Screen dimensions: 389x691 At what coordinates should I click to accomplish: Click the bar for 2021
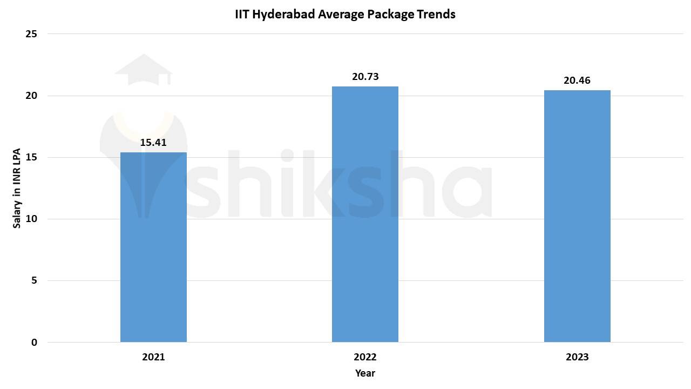tap(153, 247)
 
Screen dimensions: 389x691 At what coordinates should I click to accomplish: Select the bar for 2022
tap(365, 214)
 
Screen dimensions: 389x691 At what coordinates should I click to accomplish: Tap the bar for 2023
tap(577, 216)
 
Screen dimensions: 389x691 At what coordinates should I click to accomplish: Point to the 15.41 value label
tap(153, 143)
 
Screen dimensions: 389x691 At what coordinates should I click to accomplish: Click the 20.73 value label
tap(365, 77)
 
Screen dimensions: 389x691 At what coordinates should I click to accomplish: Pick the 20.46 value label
tap(577, 81)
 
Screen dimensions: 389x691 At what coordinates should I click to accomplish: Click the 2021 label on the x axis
tap(153, 357)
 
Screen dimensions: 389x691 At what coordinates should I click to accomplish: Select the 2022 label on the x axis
tap(365, 357)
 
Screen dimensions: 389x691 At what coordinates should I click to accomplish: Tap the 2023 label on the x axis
tap(577, 357)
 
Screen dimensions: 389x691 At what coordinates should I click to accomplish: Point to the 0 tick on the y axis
tap(34, 342)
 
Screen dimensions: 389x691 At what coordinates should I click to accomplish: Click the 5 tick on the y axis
tap(34, 280)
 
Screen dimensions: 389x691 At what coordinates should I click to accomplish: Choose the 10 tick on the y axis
tap(31, 219)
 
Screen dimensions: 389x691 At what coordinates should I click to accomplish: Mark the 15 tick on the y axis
tap(31, 157)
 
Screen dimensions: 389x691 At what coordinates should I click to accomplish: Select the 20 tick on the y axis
tap(31, 96)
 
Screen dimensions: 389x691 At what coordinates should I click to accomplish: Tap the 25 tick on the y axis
tap(31, 34)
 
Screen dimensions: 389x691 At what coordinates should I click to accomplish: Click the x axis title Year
tap(365, 373)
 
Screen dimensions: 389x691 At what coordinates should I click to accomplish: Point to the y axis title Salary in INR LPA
tap(17, 188)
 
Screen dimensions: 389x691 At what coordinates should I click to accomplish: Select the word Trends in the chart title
tap(436, 14)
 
